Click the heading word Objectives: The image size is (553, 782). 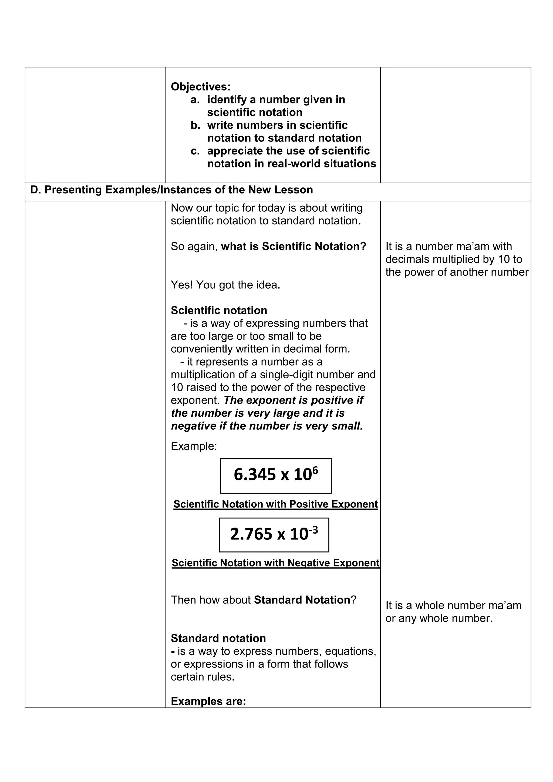tap(201, 87)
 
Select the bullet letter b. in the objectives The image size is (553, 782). tap(195, 125)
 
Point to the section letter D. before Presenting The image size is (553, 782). tap(35, 190)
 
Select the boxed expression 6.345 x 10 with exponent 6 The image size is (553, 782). tap(275, 476)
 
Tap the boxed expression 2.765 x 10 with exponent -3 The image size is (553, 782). tap(274, 535)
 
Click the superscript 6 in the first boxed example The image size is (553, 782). tap(315, 470)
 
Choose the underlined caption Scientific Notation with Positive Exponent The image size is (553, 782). tap(275, 504)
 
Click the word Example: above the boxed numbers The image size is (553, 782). tap(194, 446)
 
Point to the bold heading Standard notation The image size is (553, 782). tap(218, 638)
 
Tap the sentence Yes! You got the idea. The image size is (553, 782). tap(225, 285)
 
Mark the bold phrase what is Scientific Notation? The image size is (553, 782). tap(294, 246)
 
